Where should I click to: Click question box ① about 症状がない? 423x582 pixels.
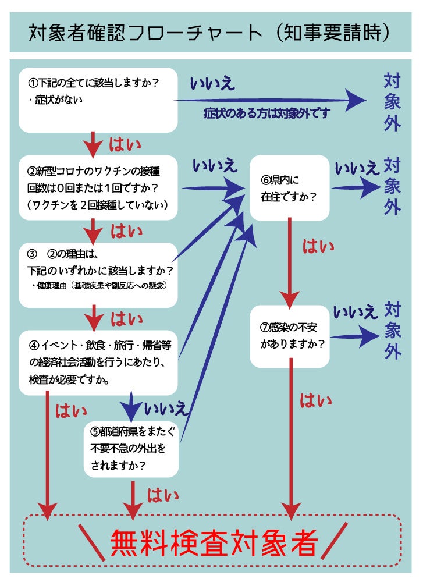click(x=98, y=100)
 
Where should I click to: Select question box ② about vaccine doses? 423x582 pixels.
click(x=98, y=187)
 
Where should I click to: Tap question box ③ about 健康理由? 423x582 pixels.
click(x=98, y=275)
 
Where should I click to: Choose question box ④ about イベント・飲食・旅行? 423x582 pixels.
click(x=98, y=362)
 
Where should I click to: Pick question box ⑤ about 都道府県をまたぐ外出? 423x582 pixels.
click(x=130, y=449)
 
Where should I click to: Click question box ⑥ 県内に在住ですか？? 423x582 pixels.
click(x=289, y=187)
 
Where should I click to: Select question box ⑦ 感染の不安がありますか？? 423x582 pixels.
click(x=289, y=336)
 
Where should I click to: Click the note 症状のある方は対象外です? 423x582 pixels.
click(x=266, y=113)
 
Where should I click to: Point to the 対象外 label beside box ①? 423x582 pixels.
click(x=392, y=102)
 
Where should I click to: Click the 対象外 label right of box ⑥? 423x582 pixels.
click(x=392, y=186)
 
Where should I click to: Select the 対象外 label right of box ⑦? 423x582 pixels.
click(x=392, y=330)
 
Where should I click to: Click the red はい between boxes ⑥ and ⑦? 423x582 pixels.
click(x=318, y=246)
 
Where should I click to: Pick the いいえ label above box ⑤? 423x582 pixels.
click(x=166, y=408)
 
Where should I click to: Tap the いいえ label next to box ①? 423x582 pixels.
click(x=212, y=83)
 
